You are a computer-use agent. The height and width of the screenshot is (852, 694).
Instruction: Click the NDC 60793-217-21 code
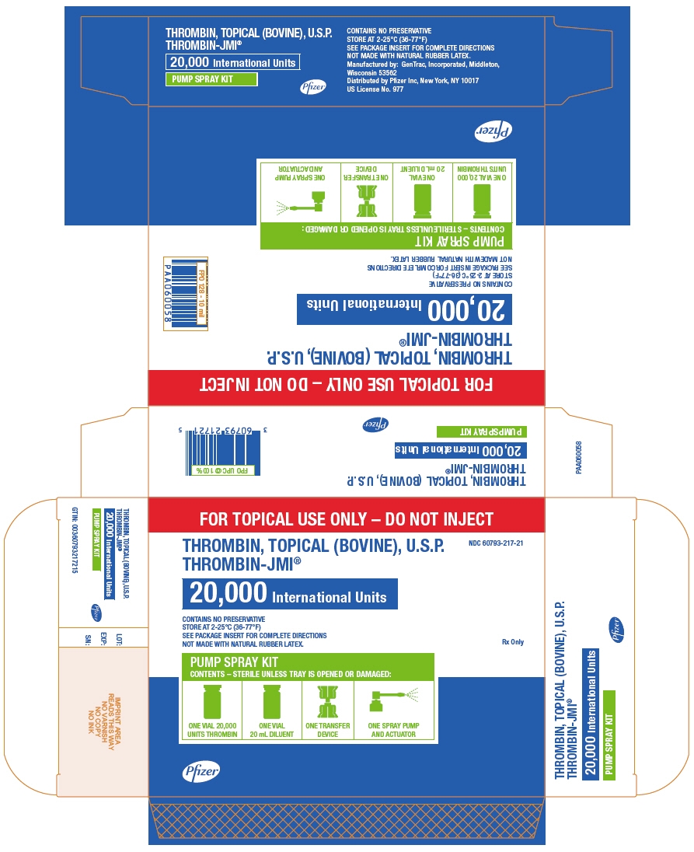point(496,543)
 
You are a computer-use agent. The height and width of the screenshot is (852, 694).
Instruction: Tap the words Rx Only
point(513,641)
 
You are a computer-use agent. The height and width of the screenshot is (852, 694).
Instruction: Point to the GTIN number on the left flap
point(74,539)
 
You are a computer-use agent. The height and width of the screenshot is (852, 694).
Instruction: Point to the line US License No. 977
point(376,89)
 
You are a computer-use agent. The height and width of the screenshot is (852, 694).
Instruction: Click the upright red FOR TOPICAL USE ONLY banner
point(346,517)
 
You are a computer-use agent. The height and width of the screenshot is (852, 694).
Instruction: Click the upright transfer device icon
point(327,702)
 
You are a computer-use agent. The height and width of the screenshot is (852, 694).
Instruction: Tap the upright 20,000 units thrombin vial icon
point(212,702)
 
